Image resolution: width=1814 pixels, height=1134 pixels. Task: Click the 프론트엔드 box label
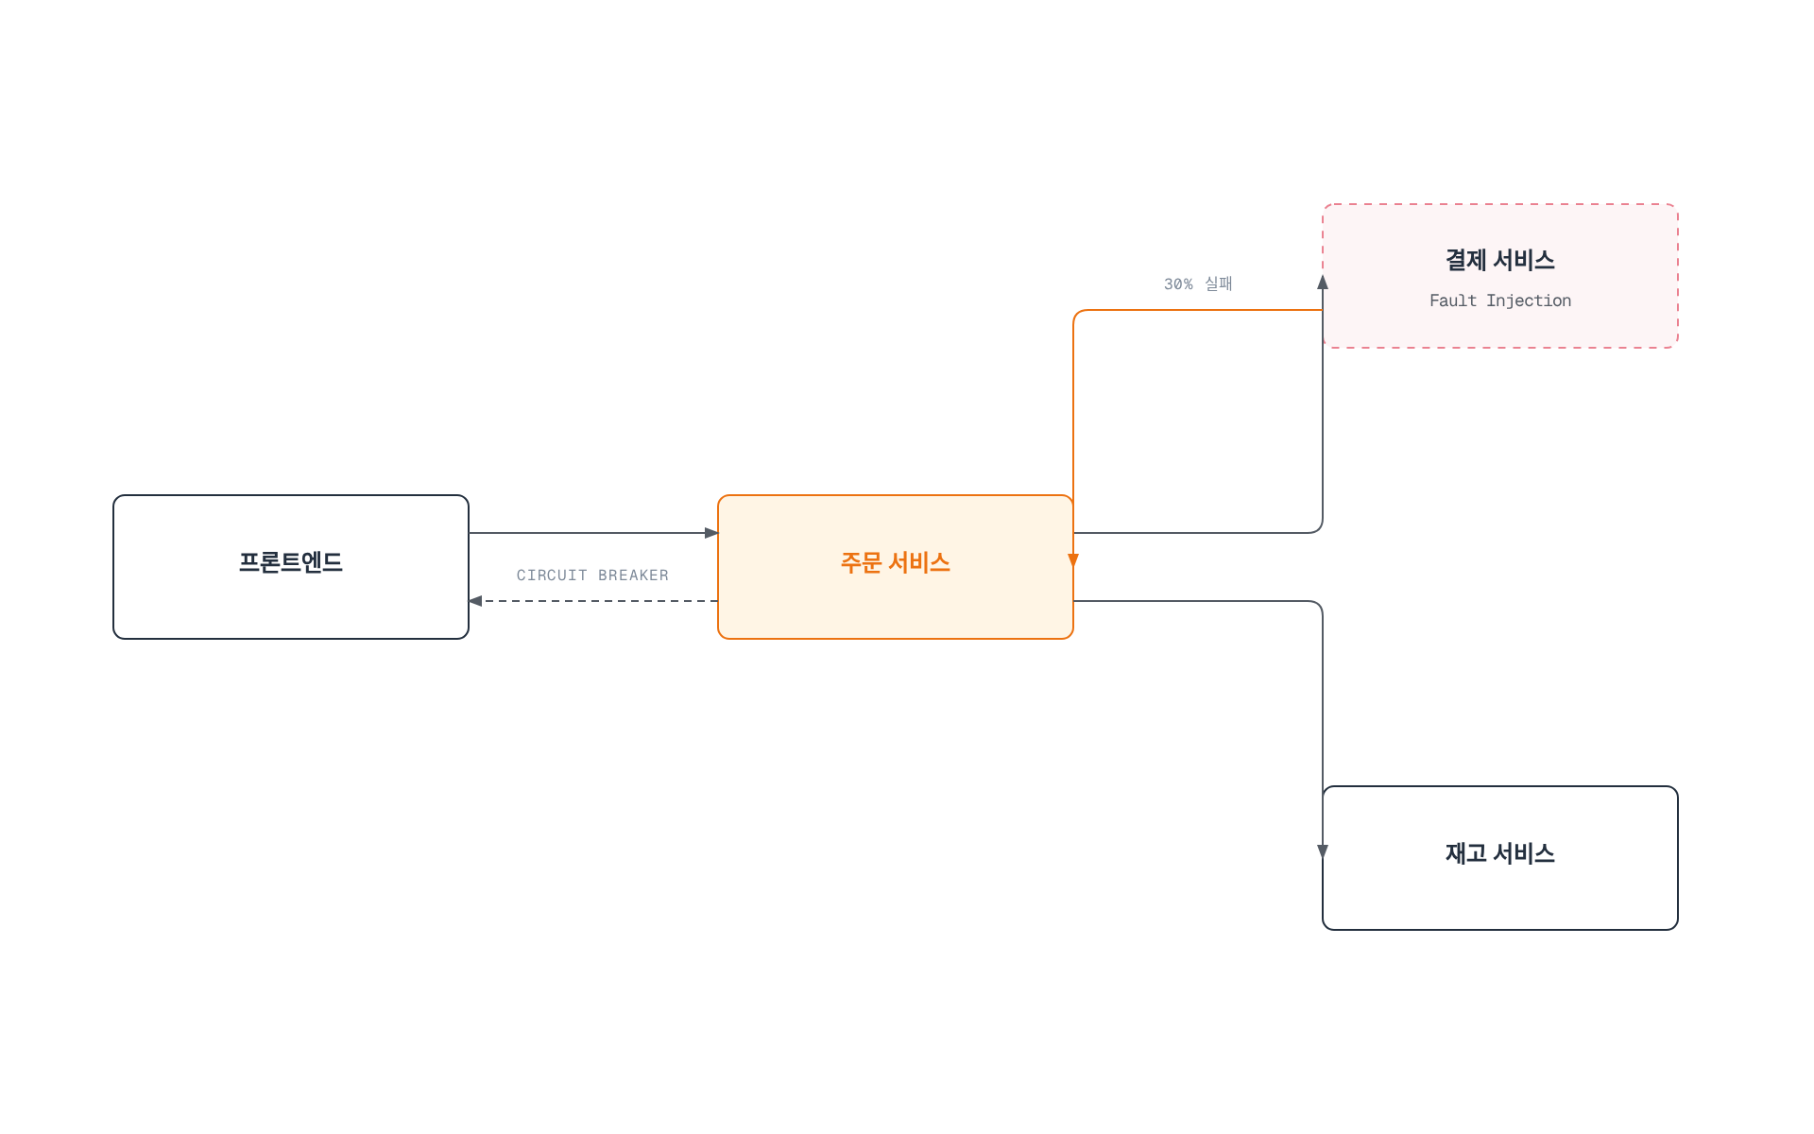(291, 562)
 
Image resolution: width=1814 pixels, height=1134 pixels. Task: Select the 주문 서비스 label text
(896, 562)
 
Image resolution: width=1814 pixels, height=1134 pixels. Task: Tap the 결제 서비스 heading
(1500, 260)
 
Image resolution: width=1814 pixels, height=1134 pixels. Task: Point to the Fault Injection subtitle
(1500, 301)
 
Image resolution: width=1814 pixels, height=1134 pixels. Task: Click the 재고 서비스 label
(1500, 853)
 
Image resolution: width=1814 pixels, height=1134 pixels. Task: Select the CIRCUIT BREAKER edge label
(592, 576)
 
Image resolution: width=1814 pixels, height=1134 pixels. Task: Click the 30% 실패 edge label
(1198, 283)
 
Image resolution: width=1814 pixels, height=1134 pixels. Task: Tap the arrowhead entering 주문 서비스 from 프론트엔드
(711, 533)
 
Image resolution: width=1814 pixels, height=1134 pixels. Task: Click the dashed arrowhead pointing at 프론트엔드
(475, 601)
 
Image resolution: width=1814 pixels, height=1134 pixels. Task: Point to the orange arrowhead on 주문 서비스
(1073, 560)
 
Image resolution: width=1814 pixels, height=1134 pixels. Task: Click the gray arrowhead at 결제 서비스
(1323, 282)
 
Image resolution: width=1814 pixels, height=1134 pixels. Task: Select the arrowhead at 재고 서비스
(1323, 851)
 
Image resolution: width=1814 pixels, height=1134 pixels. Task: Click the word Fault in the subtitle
(1452, 301)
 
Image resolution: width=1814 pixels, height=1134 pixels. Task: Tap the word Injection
(1529, 301)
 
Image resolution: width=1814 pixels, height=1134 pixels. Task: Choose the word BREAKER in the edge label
(633, 576)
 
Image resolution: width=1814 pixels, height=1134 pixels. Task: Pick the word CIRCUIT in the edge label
(552, 576)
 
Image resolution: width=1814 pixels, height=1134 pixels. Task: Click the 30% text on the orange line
(1178, 284)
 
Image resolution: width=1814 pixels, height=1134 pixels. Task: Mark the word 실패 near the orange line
(1219, 283)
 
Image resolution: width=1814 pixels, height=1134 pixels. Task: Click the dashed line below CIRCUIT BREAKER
(600, 601)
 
